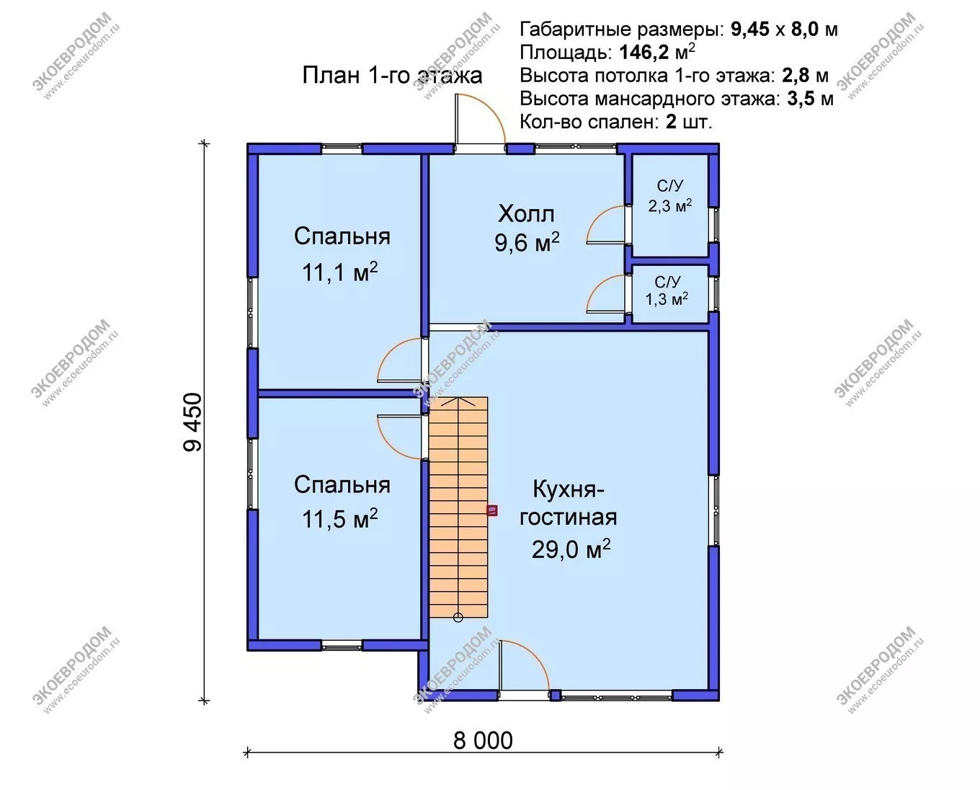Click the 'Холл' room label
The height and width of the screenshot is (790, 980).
tap(527, 214)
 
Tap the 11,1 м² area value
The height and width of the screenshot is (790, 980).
tap(339, 272)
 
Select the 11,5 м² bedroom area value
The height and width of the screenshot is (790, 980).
tap(339, 518)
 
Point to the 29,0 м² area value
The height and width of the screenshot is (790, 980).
tap(571, 549)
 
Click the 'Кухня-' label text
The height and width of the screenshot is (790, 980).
tap(569, 490)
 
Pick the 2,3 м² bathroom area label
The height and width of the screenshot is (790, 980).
tap(670, 206)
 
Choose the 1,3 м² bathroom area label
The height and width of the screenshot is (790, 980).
tap(667, 299)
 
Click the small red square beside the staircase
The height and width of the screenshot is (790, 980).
tap(492, 510)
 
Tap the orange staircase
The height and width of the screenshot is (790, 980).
tap(458, 507)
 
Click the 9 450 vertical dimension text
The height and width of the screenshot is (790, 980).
tap(192, 422)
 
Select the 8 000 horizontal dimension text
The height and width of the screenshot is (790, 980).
tap(483, 740)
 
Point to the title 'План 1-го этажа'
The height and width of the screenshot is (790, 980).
tap(392, 75)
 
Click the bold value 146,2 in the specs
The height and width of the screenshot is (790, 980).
tap(644, 53)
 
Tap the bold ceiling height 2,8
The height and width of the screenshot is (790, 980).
tap(796, 76)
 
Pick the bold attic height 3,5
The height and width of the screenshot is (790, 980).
tap(801, 99)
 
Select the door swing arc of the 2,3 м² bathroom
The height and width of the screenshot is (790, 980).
tap(597, 218)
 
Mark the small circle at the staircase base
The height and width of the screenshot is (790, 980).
tap(458, 618)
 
